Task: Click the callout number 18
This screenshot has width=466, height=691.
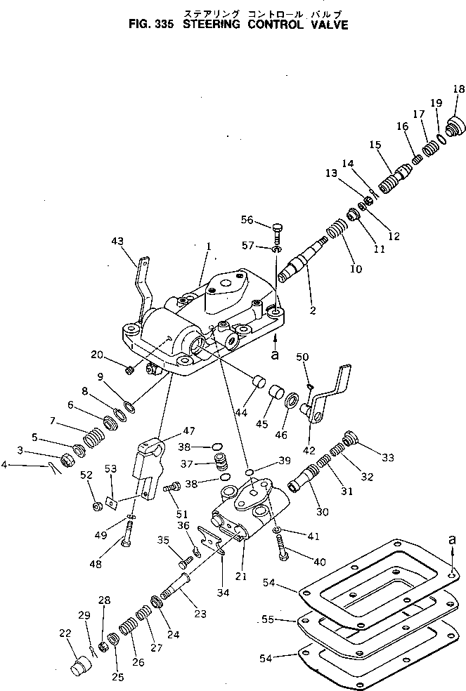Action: [458, 89]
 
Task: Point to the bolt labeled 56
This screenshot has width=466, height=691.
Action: [277, 231]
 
